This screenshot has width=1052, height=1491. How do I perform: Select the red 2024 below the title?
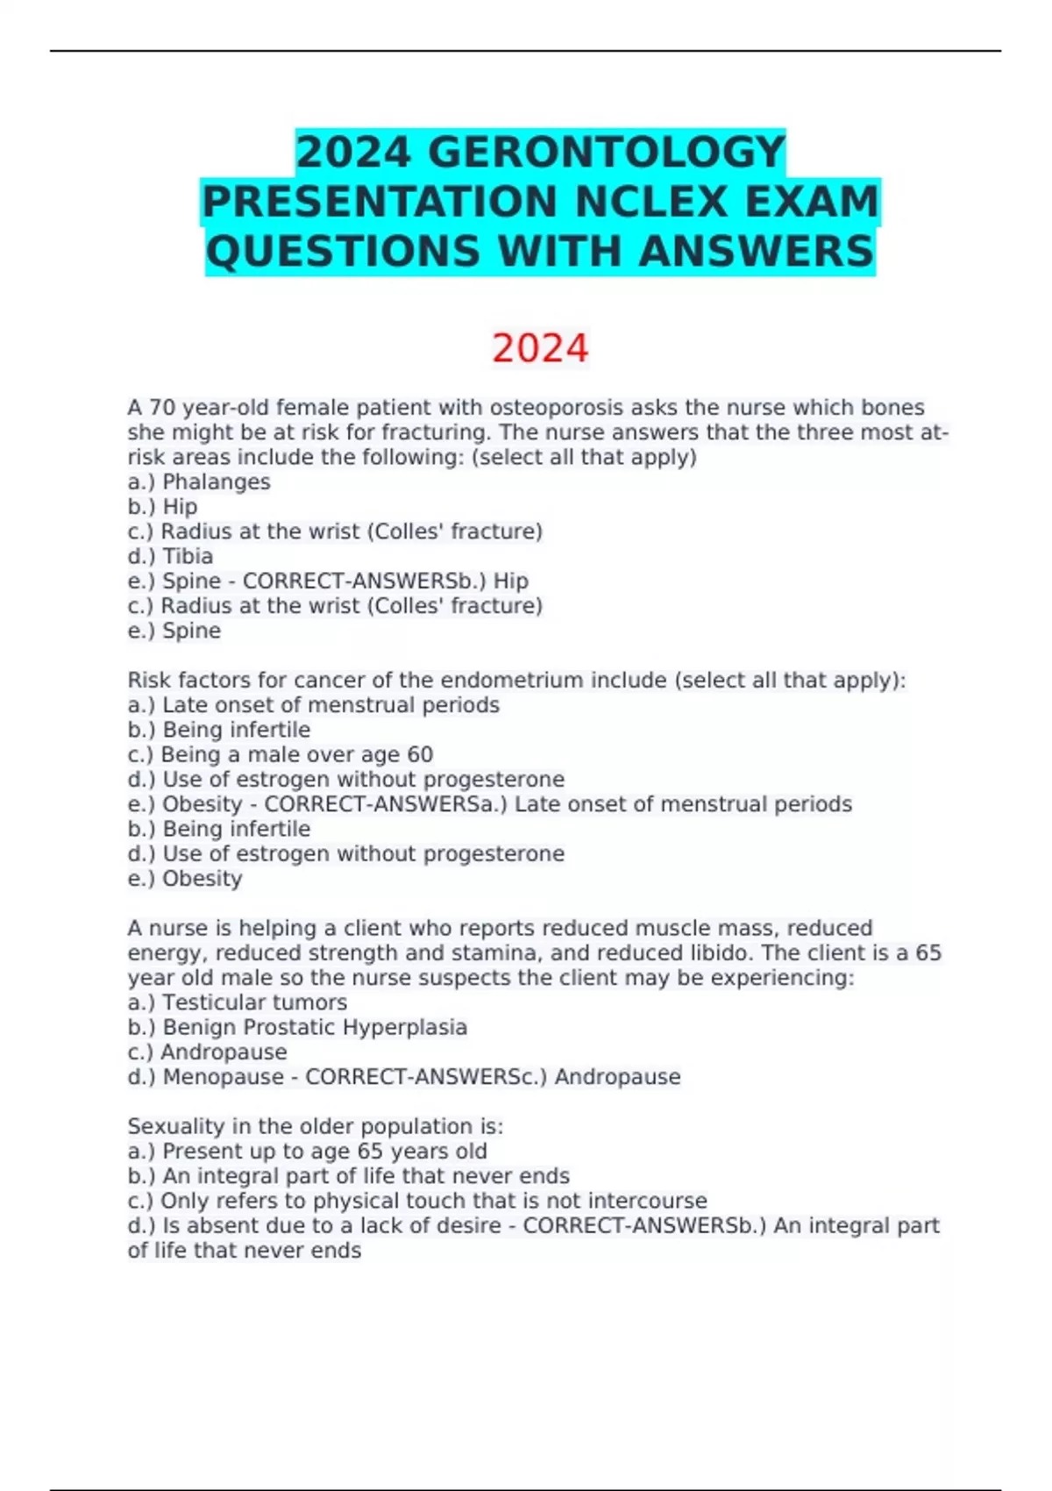539,348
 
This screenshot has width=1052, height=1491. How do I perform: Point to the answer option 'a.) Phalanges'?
199,482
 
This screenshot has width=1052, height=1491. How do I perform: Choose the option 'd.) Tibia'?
170,557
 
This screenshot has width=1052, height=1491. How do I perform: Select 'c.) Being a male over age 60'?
281,755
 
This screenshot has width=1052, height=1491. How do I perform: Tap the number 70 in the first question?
162,408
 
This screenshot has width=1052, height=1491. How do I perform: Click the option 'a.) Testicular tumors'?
238,1002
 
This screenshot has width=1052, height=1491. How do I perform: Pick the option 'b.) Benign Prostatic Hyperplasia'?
297,1027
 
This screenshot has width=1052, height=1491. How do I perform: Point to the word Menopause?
223,1077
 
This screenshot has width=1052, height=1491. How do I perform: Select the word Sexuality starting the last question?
175,1127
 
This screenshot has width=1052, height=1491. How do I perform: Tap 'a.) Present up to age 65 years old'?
307,1152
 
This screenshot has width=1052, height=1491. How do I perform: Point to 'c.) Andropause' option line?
208,1052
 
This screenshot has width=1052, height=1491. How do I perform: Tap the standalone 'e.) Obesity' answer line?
185,879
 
